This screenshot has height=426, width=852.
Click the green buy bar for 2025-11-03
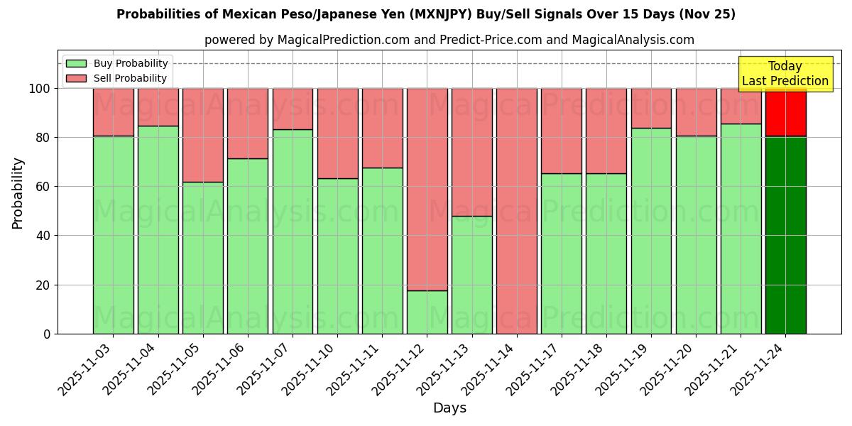click(x=114, y=234)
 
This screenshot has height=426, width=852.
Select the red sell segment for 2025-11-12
click(x=427, y=188)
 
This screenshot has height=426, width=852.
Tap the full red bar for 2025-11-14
click(x=517, y=211)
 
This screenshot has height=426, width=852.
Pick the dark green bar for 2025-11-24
click(x=786, y=234)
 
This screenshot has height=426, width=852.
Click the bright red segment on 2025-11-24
click(x=786, y=112)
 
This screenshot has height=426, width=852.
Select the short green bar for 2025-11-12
click(x=427, y=312)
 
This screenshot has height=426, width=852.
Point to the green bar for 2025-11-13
click(x=472, y=275)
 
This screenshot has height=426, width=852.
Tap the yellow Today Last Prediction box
click(x=785, y=74)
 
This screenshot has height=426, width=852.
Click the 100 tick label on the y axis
click(x=40, y=89)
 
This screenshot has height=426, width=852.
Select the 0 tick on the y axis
click(x=47, y=334)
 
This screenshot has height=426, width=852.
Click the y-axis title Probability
click(x=18, y=193)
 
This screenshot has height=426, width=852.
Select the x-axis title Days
click(x=449, y=408)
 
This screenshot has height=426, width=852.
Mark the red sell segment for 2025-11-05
click(x=203, y=135)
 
